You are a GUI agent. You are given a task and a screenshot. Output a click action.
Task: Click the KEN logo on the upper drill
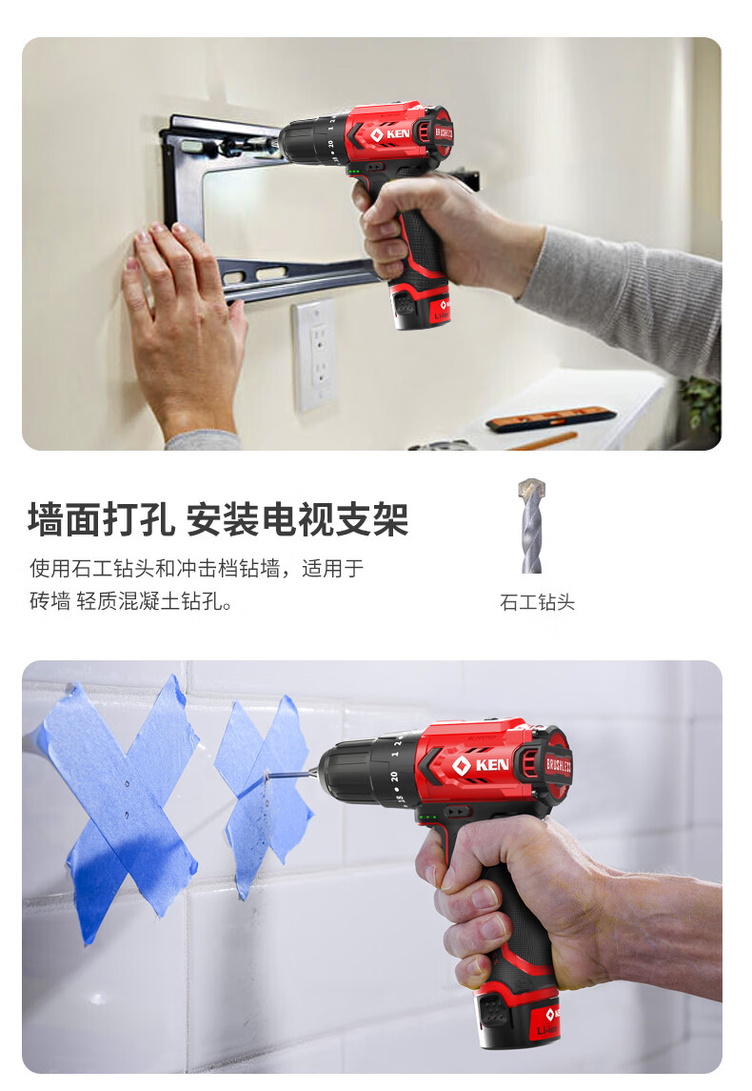390,133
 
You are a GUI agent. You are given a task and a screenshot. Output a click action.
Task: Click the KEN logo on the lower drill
481,765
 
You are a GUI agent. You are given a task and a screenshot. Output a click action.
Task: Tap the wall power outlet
314,354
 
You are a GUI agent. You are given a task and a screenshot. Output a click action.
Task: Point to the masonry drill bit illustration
532,525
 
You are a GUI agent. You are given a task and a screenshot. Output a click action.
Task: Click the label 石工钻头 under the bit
537,602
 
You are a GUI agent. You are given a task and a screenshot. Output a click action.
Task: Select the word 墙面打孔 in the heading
102,519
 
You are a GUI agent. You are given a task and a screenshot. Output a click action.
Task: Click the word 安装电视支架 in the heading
297,519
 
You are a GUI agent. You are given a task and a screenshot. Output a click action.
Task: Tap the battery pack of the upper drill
421,306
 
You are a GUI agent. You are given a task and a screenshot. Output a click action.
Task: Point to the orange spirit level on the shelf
550,419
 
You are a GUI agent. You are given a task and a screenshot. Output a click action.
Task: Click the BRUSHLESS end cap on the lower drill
556,765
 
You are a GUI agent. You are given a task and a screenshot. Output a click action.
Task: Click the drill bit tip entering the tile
267,772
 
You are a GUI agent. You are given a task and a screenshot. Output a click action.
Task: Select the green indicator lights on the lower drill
428,818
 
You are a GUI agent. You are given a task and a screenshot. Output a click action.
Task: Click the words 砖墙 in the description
50,600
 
